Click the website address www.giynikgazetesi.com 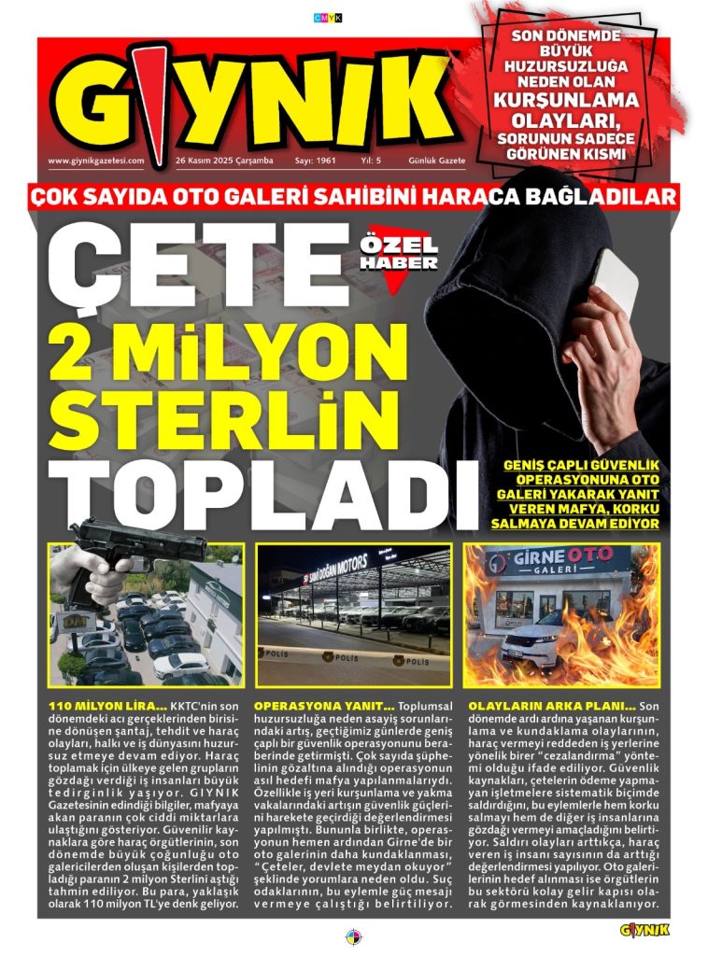click(96, 161)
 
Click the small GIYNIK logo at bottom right click(644, 929)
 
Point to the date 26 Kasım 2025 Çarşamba click(224, 161)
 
